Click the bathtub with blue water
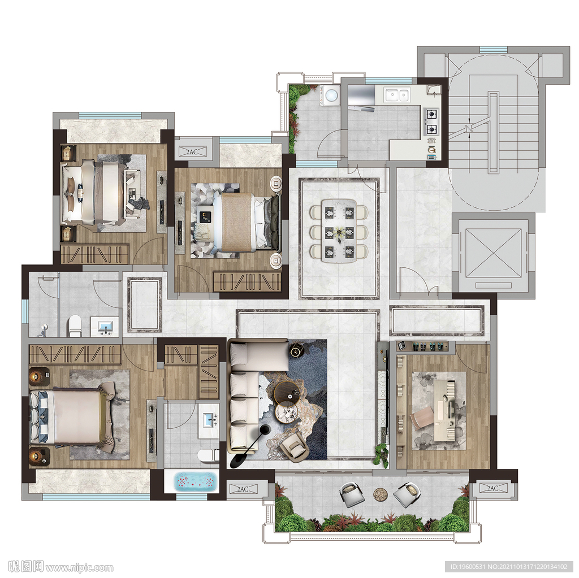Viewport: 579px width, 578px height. click(x=195, y=481)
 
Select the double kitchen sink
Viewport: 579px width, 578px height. click(x=396, y=95)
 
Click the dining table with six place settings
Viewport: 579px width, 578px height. click(x=339, y=231)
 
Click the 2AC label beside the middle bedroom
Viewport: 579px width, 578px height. click(x=192, y=151)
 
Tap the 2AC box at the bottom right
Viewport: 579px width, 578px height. click(x=492, y=488)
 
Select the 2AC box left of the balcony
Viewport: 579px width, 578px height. click(x=243, y=489)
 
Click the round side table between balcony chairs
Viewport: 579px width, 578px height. click(x=380, y=494)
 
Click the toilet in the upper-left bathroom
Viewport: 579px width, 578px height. click(x=75, y=325)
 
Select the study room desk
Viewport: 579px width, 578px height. click(x=448, y=410)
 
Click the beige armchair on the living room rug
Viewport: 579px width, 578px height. click(x=294, y=446)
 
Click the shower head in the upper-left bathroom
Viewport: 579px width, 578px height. click(x=44, y=328)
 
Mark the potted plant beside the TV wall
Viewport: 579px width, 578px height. click(x=382, y=454)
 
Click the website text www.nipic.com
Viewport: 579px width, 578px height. click(x=79, y=567)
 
